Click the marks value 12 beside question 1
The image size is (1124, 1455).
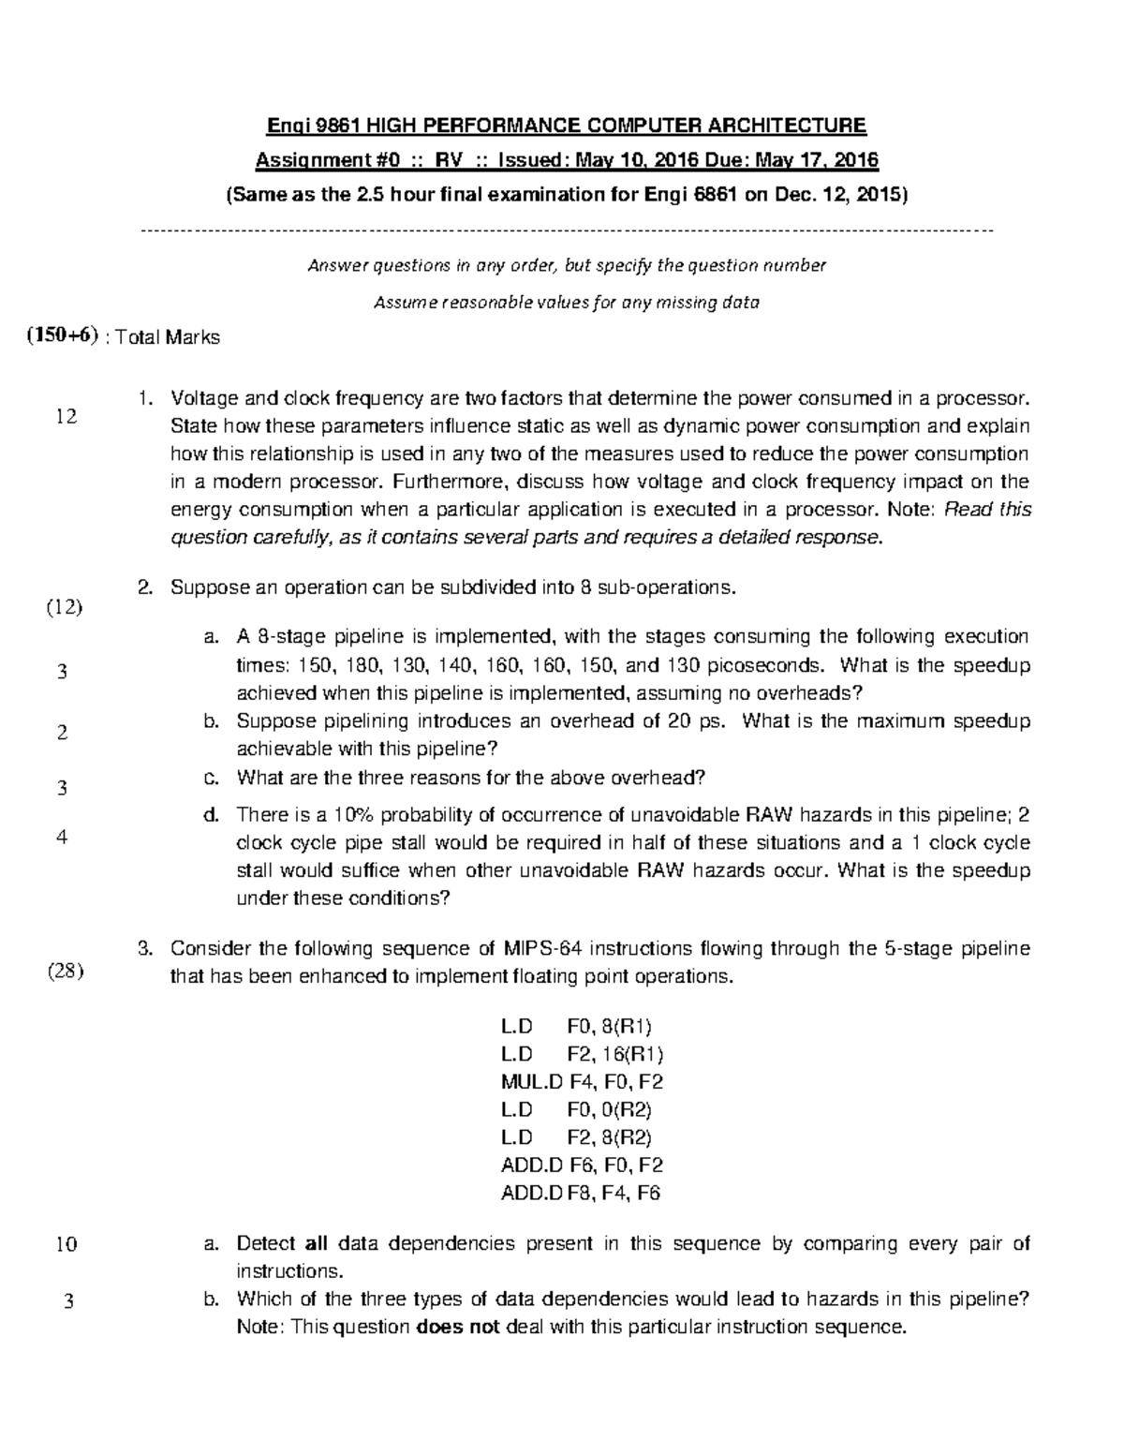66,417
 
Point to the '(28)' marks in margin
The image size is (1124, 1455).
65,971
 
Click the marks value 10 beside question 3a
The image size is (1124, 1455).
66,1245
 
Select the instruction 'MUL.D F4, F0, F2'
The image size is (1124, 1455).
582,1082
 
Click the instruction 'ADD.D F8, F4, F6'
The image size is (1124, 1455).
582,1194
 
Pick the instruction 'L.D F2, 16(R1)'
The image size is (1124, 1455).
582,1054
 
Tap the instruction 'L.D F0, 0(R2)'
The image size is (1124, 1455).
576,1110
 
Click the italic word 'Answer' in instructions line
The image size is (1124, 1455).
336,266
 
